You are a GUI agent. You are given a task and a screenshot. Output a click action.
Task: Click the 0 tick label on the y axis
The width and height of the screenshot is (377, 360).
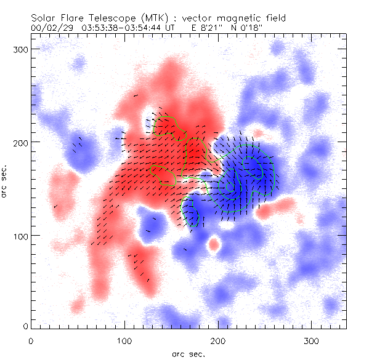25,326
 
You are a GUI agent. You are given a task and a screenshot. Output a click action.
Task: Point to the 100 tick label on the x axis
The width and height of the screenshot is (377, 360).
124,340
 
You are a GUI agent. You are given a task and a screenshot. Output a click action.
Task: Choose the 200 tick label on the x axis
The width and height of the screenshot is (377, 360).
218,340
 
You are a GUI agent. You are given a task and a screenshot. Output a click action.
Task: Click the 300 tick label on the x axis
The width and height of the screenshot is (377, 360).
312,340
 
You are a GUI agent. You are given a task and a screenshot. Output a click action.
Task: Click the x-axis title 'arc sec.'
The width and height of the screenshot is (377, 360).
188,353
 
